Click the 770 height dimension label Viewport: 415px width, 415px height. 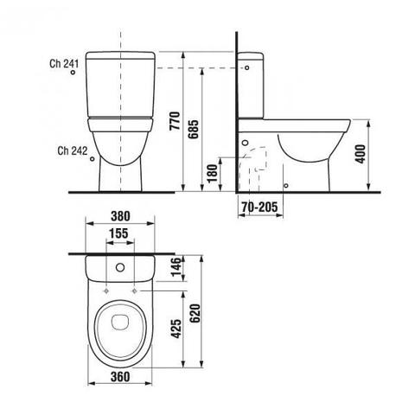(175, 121)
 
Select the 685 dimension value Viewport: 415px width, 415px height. (194, 129)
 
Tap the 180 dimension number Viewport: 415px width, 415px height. (213, 174)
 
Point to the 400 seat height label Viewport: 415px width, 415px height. (361, 154)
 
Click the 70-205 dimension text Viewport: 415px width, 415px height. (259, 207)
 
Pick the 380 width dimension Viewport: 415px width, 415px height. (120, 216)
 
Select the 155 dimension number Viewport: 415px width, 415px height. (118, 233)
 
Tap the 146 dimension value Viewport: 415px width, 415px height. (177, 267)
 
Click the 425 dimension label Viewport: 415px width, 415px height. (176, 329)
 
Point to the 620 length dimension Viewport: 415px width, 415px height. (195, 314)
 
